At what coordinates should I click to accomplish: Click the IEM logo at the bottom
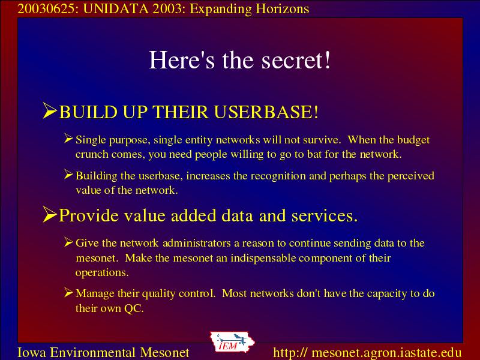232,342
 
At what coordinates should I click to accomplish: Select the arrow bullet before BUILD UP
50,110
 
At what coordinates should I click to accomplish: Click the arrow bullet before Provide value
50,214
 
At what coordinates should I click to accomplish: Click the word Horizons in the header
282,9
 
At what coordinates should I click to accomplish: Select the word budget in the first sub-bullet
413,140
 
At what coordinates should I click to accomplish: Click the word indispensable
262,258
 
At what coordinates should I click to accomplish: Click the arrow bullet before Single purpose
68,139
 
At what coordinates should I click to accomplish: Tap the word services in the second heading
324,215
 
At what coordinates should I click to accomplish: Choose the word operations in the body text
102,273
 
